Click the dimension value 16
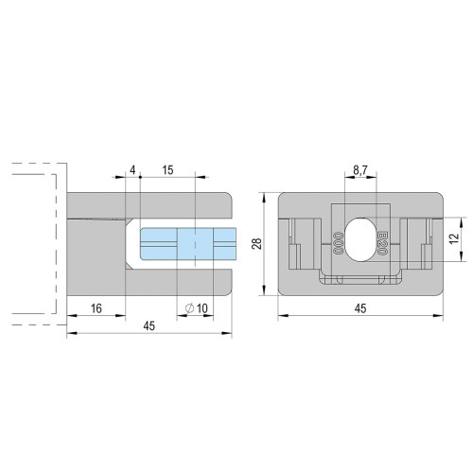96,308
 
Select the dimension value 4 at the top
132,170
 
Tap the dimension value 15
167,170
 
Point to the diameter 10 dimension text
197,308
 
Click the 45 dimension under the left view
149,326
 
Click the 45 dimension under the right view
360,308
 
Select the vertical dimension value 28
258,244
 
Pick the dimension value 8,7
359,170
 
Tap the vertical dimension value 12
454,238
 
